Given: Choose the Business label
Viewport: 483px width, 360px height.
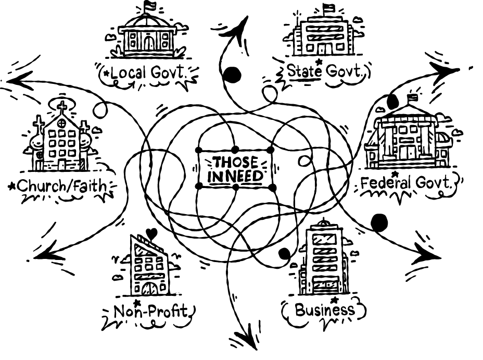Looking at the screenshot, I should click(x=324, y=310).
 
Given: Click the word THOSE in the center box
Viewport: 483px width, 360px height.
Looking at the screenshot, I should click(x=235, y=163).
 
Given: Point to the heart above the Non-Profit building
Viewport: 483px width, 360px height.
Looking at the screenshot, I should click(x=151, y=234).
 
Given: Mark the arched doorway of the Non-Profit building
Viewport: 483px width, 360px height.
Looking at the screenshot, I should click(x=150, y=288).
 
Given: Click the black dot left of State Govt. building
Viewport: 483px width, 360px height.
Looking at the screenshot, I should click(x=232, y=75).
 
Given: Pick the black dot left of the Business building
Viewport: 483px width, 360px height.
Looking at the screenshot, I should click(x=284, y=254).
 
